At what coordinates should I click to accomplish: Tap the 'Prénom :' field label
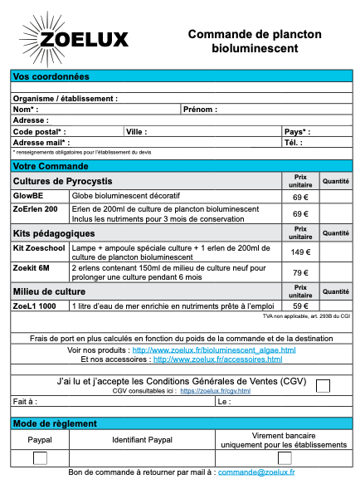pos(200,109)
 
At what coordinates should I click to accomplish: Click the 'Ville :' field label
pos(136,131)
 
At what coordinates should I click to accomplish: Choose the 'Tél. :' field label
pos(292,142)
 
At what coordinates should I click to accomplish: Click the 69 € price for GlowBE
pos(300,197)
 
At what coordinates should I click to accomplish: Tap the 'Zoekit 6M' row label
pos(32,269)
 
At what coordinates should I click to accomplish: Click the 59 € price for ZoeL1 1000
pos(300,306)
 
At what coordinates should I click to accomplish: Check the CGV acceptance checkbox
pos(323,384)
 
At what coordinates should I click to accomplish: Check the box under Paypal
pos(40,458)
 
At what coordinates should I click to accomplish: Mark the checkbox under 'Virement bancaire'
pos(285,458)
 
